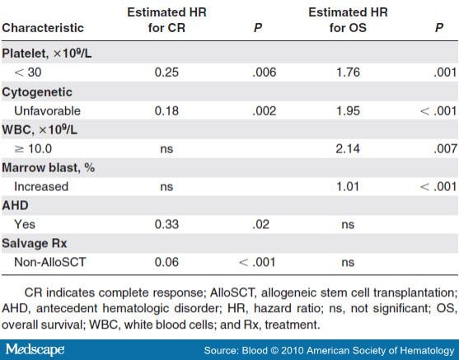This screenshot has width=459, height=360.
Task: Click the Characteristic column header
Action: (52, 27)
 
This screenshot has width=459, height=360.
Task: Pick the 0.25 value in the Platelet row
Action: (168, 72)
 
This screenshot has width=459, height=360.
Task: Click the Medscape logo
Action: (38, 346)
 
